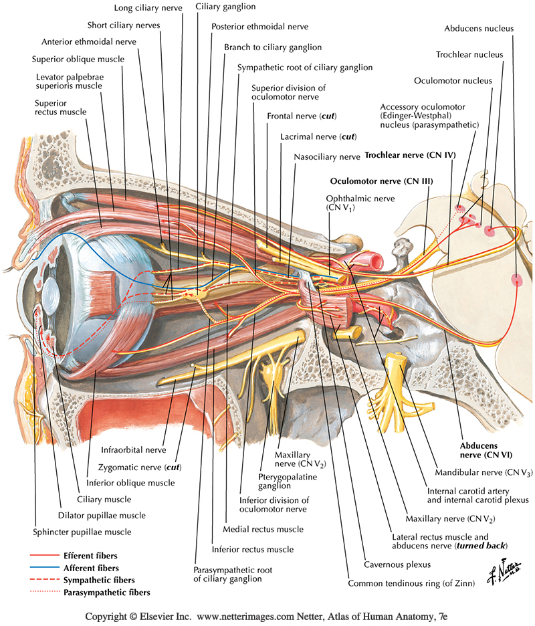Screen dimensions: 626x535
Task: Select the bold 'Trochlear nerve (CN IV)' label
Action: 410,155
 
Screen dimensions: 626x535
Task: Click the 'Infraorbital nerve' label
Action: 129,450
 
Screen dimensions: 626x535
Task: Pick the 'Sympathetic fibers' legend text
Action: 98,580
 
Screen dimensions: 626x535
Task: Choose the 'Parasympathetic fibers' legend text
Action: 106,592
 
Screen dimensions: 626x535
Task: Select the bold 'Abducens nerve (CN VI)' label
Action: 486,449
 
